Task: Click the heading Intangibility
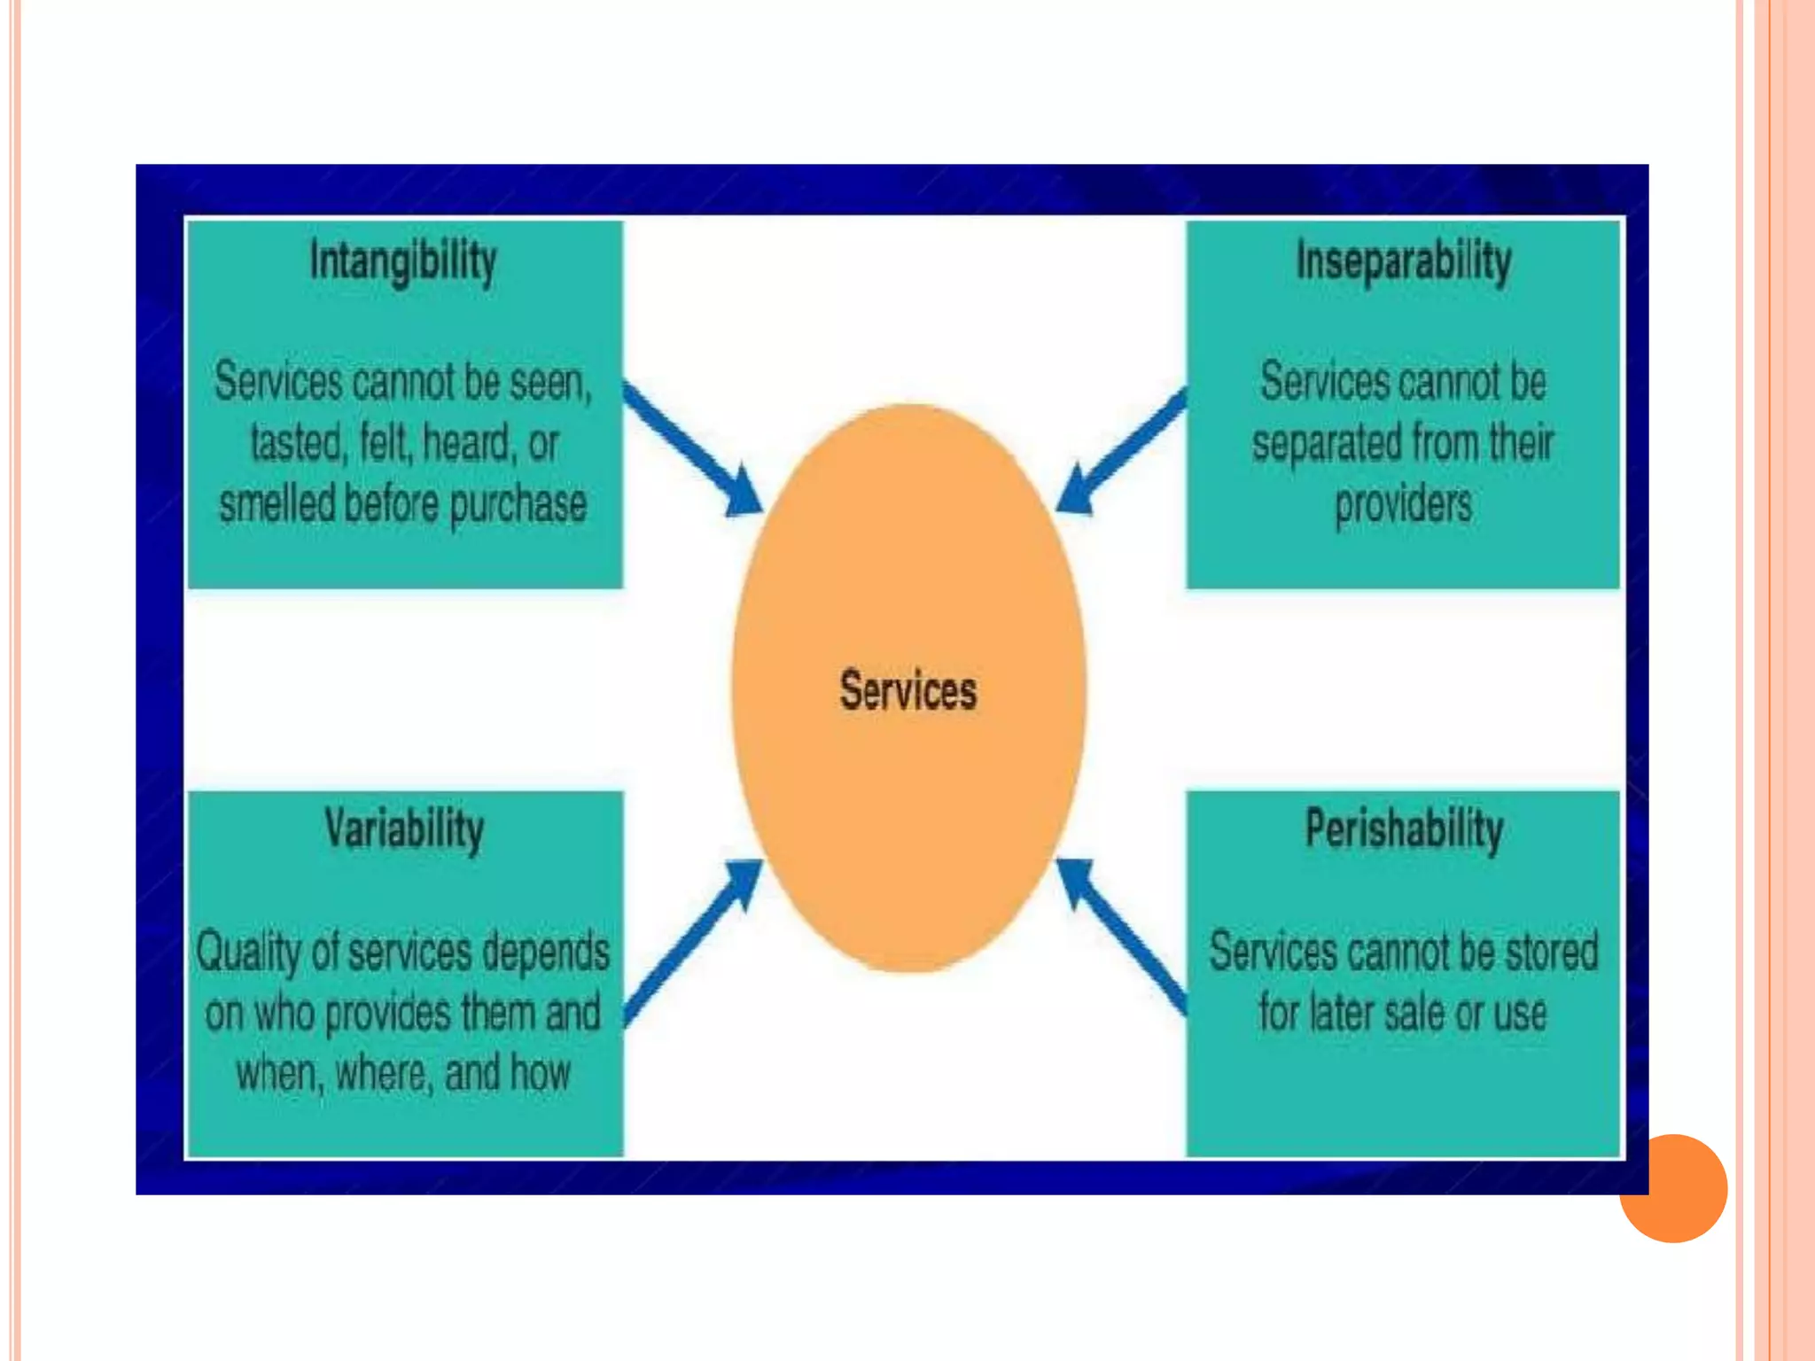click(x=403, y=262)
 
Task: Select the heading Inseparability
click(x=1404, y=262)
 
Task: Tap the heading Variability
click(x=404, y=830)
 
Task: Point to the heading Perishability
click(x=1404, y=830)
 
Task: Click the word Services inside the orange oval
click(x=908, y=690)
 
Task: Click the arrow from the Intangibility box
click(x=691, y=448)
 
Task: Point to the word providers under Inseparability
click(x=1404, y=505)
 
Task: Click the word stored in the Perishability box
click(x=1552, y=952)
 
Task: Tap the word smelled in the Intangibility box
click(x=277, y=503)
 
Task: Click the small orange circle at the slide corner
click(x=1674, y=1188)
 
